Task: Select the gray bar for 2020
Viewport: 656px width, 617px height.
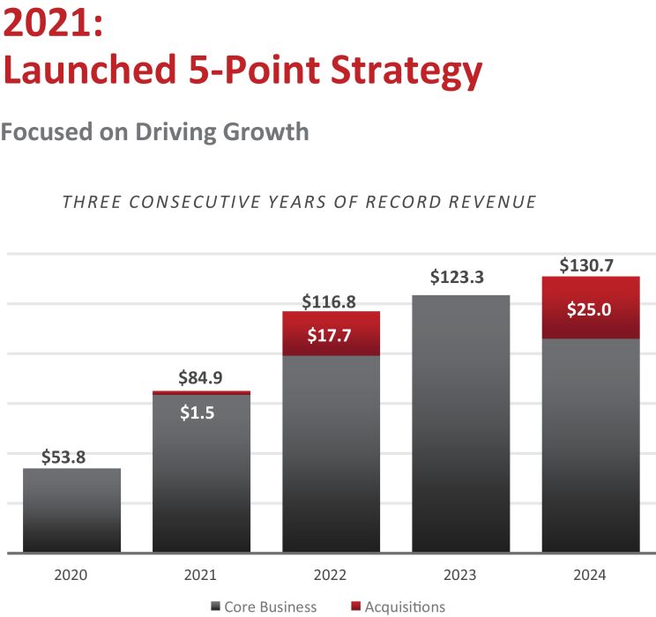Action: tap(71, 510)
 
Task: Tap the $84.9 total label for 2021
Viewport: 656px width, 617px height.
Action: tap(201, 379)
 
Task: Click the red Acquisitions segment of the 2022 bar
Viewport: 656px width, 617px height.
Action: tap(331, 334)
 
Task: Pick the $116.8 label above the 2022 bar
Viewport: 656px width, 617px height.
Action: tap(331, 301)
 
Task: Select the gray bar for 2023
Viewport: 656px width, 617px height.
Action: tap(460, 423)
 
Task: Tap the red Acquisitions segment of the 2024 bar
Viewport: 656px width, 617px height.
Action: tap(590, 308)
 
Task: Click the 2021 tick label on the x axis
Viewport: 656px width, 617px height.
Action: tap(201, 575)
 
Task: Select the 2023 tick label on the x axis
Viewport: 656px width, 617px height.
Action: tap(460, 575)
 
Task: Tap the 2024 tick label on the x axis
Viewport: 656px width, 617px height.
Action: tap(590, 575)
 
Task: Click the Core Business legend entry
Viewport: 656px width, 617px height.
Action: tap(270, 606)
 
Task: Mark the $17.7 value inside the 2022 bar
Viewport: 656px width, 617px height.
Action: tap(331, 334)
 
